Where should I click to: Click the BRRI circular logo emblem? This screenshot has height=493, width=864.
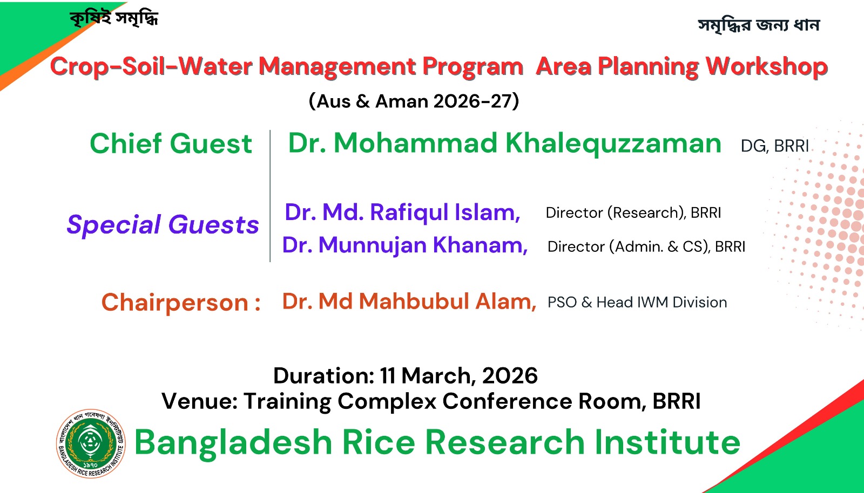click(91, 443)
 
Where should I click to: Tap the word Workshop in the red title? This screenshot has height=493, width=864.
click(766, 67)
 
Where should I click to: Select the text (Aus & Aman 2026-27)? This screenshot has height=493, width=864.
click(414, 101)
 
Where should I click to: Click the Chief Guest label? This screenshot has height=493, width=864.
click(171, 143)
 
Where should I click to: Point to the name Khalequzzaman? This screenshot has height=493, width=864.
click(613, 143)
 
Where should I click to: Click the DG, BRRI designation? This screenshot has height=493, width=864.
click(774, 146)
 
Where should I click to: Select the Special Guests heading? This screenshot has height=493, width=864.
click(163, 224)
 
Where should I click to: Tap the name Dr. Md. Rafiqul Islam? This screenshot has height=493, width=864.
click(402, 212)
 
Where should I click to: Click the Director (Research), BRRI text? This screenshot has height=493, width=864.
click(633, 213)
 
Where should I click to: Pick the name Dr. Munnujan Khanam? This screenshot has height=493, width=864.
click(405, 245)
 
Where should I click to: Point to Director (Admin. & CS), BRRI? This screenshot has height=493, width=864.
click(646, 246)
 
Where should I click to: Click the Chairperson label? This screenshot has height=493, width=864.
click(181, 303)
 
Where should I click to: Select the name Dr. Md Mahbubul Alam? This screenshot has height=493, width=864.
click(409, 301)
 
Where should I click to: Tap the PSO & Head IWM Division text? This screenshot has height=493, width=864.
click(637, 303)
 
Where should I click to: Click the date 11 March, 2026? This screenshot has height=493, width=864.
click(458, 375)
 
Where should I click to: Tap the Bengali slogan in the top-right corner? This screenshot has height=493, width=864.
click(759, 25)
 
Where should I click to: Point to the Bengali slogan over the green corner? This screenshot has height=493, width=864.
click(114, 18)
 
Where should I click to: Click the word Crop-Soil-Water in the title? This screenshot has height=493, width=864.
click(151, 66)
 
